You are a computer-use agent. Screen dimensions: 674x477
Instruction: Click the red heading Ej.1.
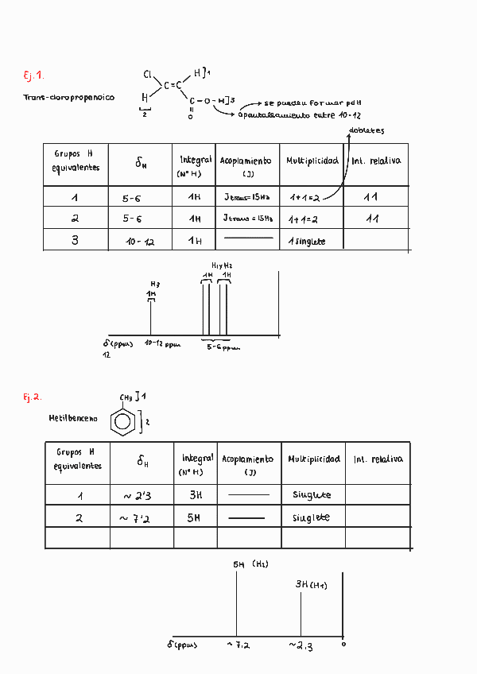tap(33, 76)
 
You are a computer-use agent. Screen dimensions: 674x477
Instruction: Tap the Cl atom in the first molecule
tap(148, 75)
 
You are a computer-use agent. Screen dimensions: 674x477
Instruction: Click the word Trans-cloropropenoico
tap(69, 98)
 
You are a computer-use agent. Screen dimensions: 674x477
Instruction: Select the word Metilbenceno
tap(73, 418)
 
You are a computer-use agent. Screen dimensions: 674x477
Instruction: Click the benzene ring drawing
tap(122, 421)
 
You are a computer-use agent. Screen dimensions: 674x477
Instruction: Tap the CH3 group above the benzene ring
tap(126, 397)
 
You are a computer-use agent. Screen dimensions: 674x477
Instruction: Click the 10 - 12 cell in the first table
tap(139, 241)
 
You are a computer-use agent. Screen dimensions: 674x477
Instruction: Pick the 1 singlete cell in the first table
tap(306, 241)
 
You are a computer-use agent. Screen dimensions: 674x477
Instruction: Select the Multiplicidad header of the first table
tap(312, 161)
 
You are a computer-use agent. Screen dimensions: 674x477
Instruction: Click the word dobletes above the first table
tap(366, 130)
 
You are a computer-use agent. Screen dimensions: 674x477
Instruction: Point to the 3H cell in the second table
tap(196, 495)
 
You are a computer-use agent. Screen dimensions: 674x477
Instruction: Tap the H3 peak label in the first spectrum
tap(155, 284)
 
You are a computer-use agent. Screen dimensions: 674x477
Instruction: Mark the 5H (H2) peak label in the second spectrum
tap(250, 564)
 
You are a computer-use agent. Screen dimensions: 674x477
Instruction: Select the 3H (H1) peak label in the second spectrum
tap(312, 584)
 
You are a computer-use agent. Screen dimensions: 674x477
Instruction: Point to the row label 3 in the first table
tap(75, 240)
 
